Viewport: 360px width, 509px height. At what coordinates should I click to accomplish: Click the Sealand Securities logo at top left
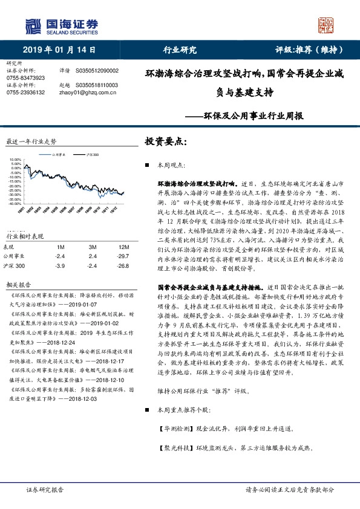tap(61, 26)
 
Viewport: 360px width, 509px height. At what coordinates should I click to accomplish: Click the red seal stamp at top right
tap(327, 25)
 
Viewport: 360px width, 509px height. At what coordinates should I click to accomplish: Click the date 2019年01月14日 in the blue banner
tap(56, 50)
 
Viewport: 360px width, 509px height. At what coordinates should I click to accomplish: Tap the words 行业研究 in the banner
tap(180, 50)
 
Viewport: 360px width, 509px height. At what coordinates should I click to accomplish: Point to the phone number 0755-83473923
tap(25, 78)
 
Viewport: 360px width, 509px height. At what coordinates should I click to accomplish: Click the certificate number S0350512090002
tap(97, 71)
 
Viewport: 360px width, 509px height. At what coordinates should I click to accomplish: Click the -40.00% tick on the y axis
tap(15, 204)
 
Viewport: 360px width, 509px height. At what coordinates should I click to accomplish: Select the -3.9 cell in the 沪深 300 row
tap(59, 265)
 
